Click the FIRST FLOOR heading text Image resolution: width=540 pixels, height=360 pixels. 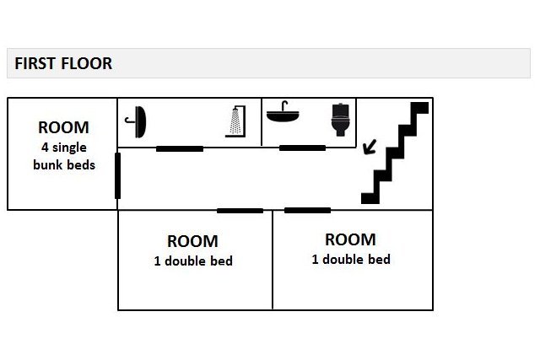[x=63, y=64]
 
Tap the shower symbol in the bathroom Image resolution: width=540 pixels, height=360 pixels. [x=235, y=121]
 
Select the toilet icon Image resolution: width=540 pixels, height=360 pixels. [x=341, y=120]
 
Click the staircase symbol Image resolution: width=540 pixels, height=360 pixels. [x=394, y=153]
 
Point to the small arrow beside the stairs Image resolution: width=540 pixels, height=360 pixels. [x=368, y=148]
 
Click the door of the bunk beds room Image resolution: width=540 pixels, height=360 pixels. [x=117, y=175]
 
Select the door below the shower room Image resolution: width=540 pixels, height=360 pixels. [x=180, y=149]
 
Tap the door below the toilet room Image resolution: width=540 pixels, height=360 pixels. [x=302, y=148]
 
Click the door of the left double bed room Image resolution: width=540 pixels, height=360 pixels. [x=240, y=211]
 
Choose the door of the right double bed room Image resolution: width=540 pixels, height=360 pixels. [x=307, y=210]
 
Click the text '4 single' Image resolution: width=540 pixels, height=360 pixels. [x=63, y=148]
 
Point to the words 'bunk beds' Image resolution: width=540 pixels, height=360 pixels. [x=64, y=164]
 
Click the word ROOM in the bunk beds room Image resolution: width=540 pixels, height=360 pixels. [x=63, y=128]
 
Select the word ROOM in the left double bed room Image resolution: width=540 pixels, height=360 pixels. [x=192, y=242]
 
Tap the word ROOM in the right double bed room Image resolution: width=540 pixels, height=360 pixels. [x=350, y=240]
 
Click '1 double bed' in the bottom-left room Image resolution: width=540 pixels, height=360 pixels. [x=193, y=261]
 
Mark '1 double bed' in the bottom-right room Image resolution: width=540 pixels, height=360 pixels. [x=351, y=260]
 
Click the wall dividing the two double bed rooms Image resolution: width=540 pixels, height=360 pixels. [x=273, y=261]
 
